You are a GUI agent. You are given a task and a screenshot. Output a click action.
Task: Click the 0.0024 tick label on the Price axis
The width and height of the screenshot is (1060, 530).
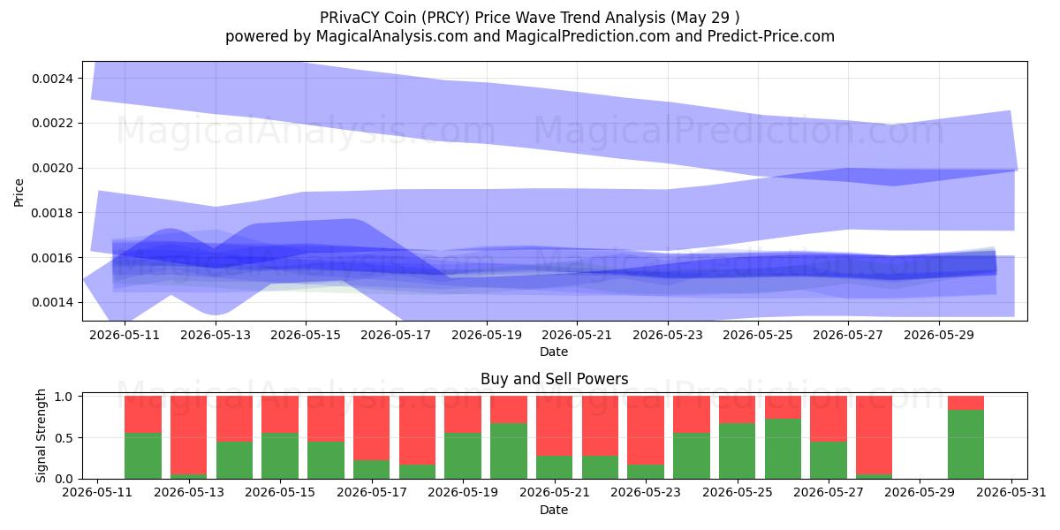pos(52,79)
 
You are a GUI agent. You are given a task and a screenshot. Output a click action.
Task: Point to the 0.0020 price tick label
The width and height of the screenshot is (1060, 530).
pos(52,169)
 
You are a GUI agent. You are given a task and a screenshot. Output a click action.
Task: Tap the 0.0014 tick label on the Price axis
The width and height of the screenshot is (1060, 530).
pos(52,302)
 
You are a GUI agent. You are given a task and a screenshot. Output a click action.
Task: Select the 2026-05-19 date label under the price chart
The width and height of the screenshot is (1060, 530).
pos(487,335)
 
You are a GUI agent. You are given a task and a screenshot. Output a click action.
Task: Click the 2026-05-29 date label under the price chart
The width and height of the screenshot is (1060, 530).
pos(939,335)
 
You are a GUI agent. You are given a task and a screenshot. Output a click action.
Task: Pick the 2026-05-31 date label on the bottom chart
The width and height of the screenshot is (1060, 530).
pos(1011,493)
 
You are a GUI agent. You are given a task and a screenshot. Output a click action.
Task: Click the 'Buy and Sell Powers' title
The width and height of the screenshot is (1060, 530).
pos(554,379)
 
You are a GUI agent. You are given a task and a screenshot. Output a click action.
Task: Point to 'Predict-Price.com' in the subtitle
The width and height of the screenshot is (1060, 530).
pos(771,36)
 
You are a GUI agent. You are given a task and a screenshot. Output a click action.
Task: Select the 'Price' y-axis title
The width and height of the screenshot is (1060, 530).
pos(19,193)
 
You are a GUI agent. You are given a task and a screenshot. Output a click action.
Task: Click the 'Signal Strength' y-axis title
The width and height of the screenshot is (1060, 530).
pos(42,435)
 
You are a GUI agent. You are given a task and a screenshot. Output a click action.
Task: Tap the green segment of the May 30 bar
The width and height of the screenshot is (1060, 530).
pos(965,444)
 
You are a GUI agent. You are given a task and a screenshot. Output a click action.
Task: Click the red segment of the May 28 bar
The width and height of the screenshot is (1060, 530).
pos(874,435)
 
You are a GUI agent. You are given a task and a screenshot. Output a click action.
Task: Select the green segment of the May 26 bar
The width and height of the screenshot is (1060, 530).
pos(783,449)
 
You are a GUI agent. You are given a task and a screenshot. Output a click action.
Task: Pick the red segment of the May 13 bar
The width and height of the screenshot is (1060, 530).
pos(188,435)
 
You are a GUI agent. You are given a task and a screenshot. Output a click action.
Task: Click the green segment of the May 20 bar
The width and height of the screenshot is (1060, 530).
pos(509,451)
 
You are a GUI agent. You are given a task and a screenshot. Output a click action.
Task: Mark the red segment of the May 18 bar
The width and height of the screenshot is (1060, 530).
pos(417,430)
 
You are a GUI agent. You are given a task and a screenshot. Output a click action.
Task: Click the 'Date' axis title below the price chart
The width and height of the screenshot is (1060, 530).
pos(554,352)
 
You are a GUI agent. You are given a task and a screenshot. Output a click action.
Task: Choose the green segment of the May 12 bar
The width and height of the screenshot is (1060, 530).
pos(143,456)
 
